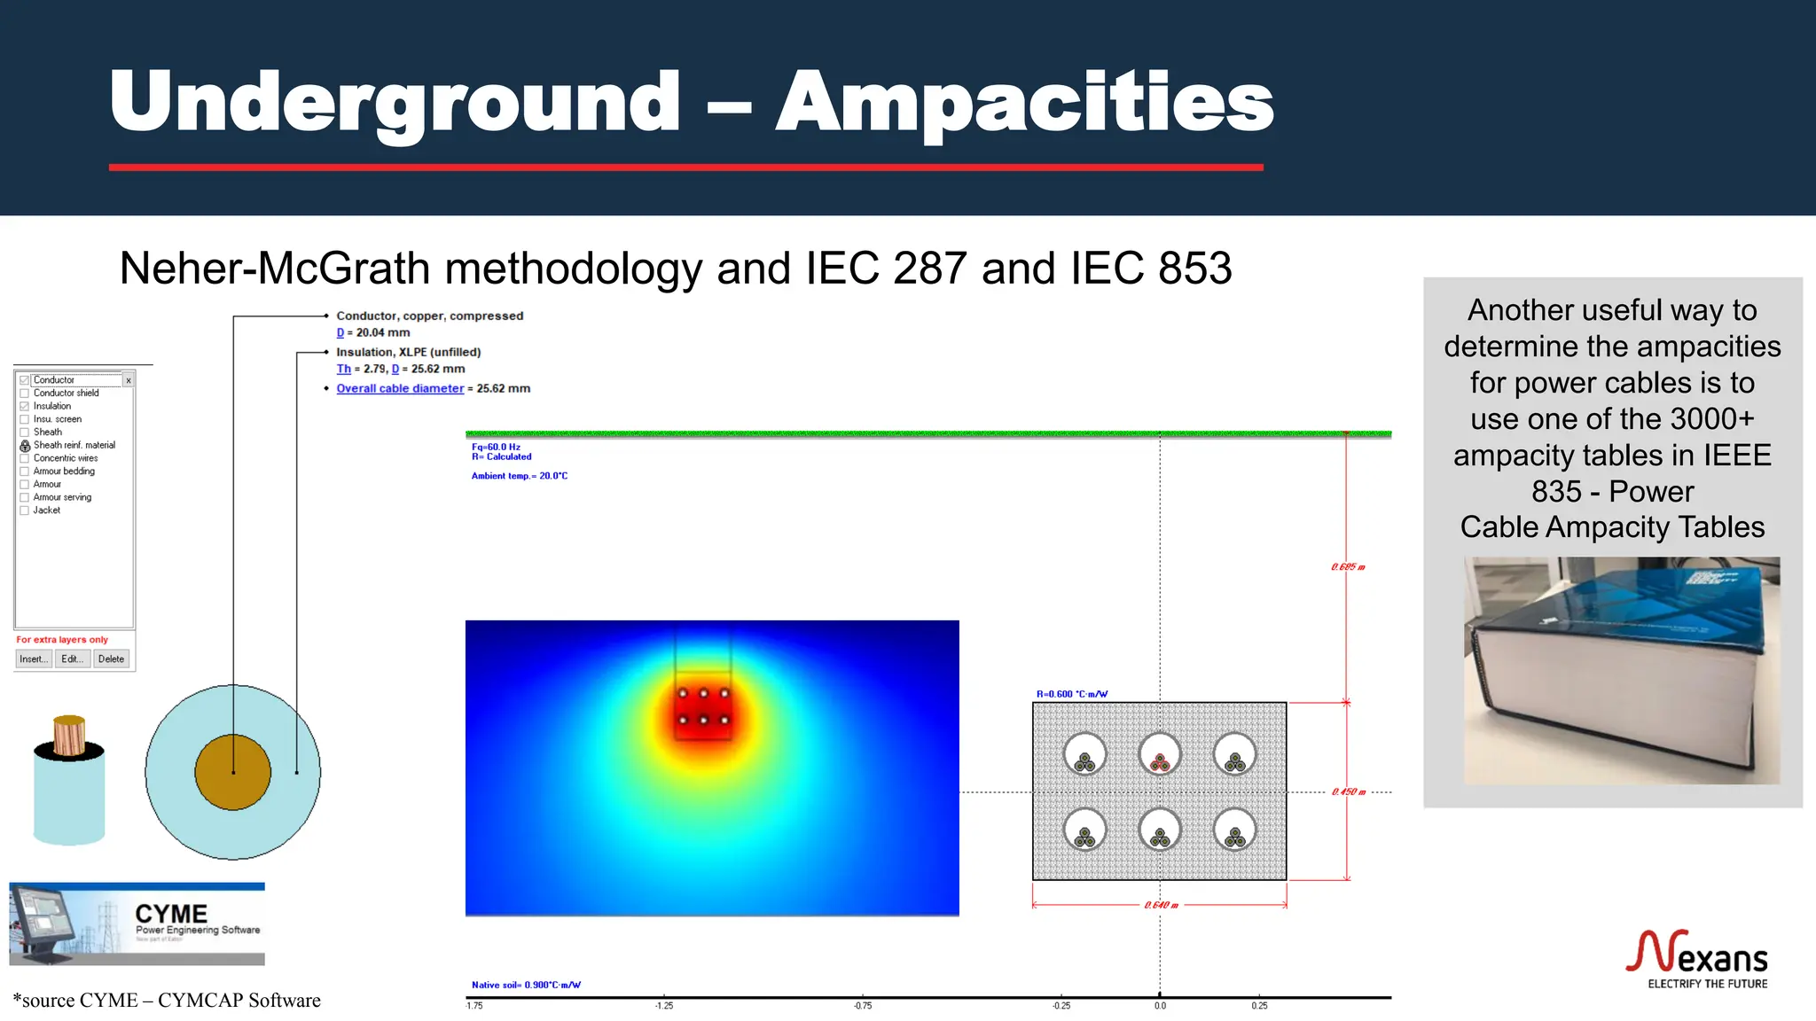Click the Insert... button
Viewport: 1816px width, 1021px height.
[33, 659]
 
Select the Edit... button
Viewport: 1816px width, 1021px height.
[72, 659]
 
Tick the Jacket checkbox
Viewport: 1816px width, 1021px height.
[25, 510]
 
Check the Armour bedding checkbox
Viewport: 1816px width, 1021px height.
[25, 472]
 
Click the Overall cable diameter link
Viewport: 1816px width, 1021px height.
[400, 388]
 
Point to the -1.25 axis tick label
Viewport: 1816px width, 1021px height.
[664, 1006]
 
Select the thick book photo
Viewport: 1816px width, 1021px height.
[1621, 670]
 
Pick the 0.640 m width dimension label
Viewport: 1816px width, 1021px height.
[1161, 905]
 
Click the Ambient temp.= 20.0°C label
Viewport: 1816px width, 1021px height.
[520, 476]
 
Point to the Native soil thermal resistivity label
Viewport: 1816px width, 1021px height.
[526, 985]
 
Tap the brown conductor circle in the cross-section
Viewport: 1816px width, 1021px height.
[233, 772]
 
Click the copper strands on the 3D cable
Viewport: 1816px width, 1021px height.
[69, 735]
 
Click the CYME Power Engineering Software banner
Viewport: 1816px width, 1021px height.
[137, 924]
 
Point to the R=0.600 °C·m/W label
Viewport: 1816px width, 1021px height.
[1072, 694]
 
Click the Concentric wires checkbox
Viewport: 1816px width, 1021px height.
[25, 458]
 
